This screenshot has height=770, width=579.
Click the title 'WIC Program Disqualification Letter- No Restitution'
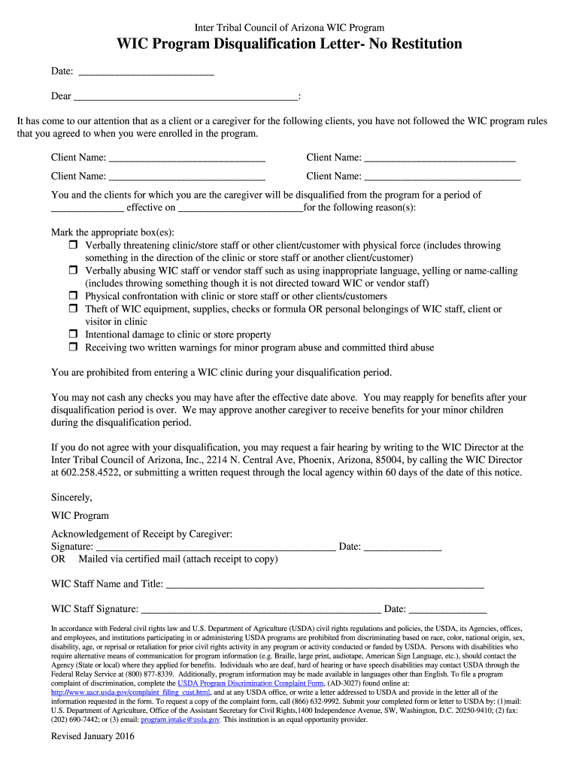289,44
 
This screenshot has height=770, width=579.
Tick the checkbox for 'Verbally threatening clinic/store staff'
74,246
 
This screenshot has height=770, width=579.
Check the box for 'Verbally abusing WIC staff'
74,271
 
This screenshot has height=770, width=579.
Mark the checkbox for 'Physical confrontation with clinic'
74,296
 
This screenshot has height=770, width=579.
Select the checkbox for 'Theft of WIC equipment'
74,309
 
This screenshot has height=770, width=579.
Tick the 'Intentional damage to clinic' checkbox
74,335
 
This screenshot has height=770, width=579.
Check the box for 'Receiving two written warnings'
74,347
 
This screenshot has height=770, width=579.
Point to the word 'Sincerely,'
71,497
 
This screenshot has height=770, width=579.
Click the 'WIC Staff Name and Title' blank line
324,585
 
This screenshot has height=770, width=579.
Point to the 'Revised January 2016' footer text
92,737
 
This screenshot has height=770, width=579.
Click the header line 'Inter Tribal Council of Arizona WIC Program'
289,28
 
